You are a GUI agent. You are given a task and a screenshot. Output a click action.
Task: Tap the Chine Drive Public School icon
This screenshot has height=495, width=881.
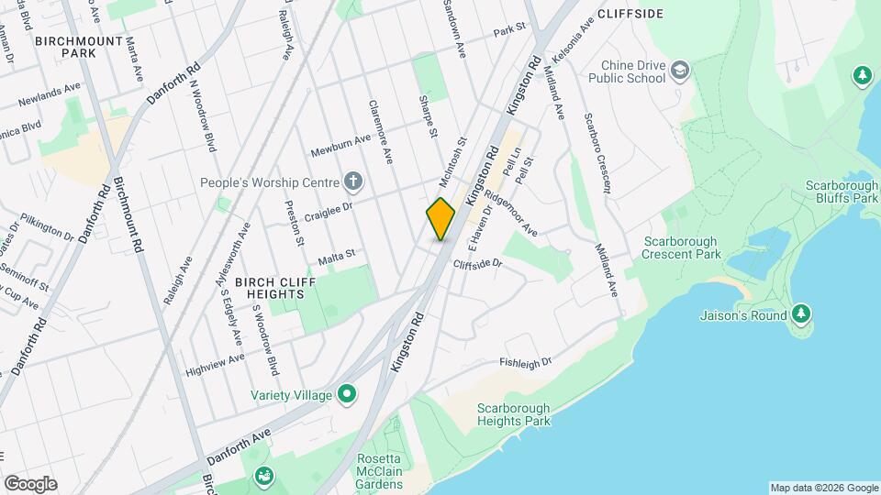point(680,71)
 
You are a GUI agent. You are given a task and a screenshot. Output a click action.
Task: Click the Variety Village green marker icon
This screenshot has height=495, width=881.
point(347,395)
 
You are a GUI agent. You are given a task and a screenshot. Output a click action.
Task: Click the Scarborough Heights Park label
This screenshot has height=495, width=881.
point(513,414)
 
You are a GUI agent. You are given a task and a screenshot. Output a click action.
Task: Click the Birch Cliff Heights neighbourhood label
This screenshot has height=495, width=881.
point(269,288)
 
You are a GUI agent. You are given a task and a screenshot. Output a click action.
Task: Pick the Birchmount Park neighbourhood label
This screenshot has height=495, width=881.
point(66,48)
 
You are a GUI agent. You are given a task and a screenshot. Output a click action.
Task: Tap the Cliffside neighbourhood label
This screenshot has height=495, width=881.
point(630,16)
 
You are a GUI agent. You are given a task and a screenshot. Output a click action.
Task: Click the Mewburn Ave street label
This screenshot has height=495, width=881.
point(339,140)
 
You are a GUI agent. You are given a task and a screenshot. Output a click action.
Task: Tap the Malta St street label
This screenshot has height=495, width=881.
point(336,258)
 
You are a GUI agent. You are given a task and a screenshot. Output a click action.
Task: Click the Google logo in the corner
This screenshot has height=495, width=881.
point(30,484)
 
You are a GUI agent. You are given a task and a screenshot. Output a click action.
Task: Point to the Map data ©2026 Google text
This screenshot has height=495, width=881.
point(823,488)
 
